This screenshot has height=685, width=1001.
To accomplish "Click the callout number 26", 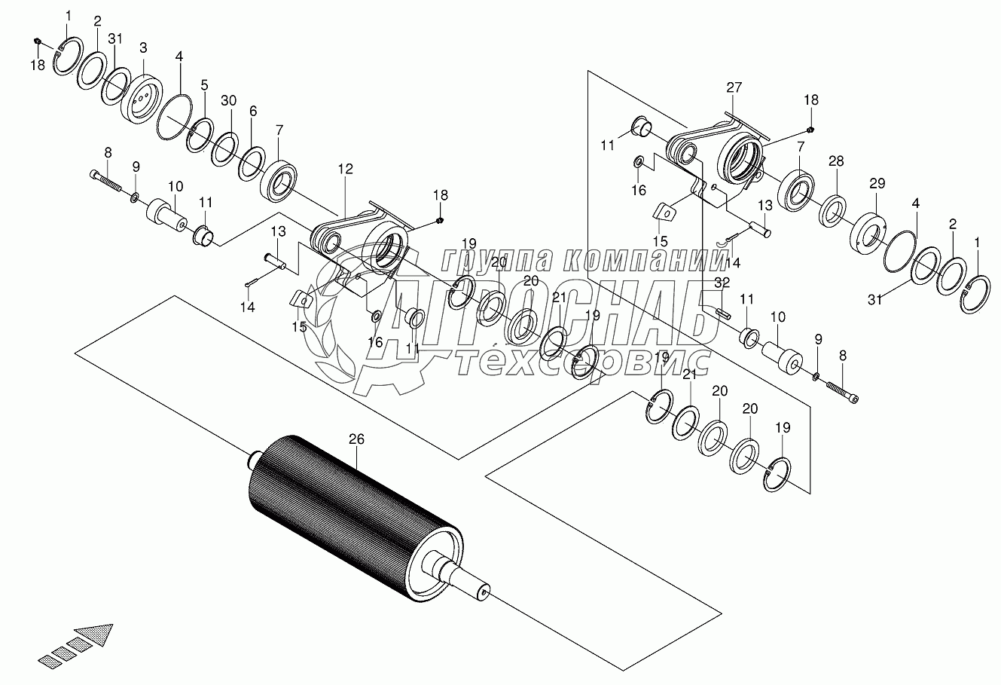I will (356, 438).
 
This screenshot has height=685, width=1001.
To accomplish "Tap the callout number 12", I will (345, 171).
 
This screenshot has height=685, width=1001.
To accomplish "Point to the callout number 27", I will (734, 87).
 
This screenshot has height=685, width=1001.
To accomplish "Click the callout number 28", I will (835, 161).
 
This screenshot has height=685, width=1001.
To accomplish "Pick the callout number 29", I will (876, 183).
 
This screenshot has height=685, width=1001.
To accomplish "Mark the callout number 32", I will (723, 282).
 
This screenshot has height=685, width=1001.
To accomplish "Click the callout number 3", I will (143, 47).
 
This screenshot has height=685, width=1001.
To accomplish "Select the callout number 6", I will (253, 111).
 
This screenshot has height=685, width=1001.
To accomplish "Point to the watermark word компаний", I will (643, 261).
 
